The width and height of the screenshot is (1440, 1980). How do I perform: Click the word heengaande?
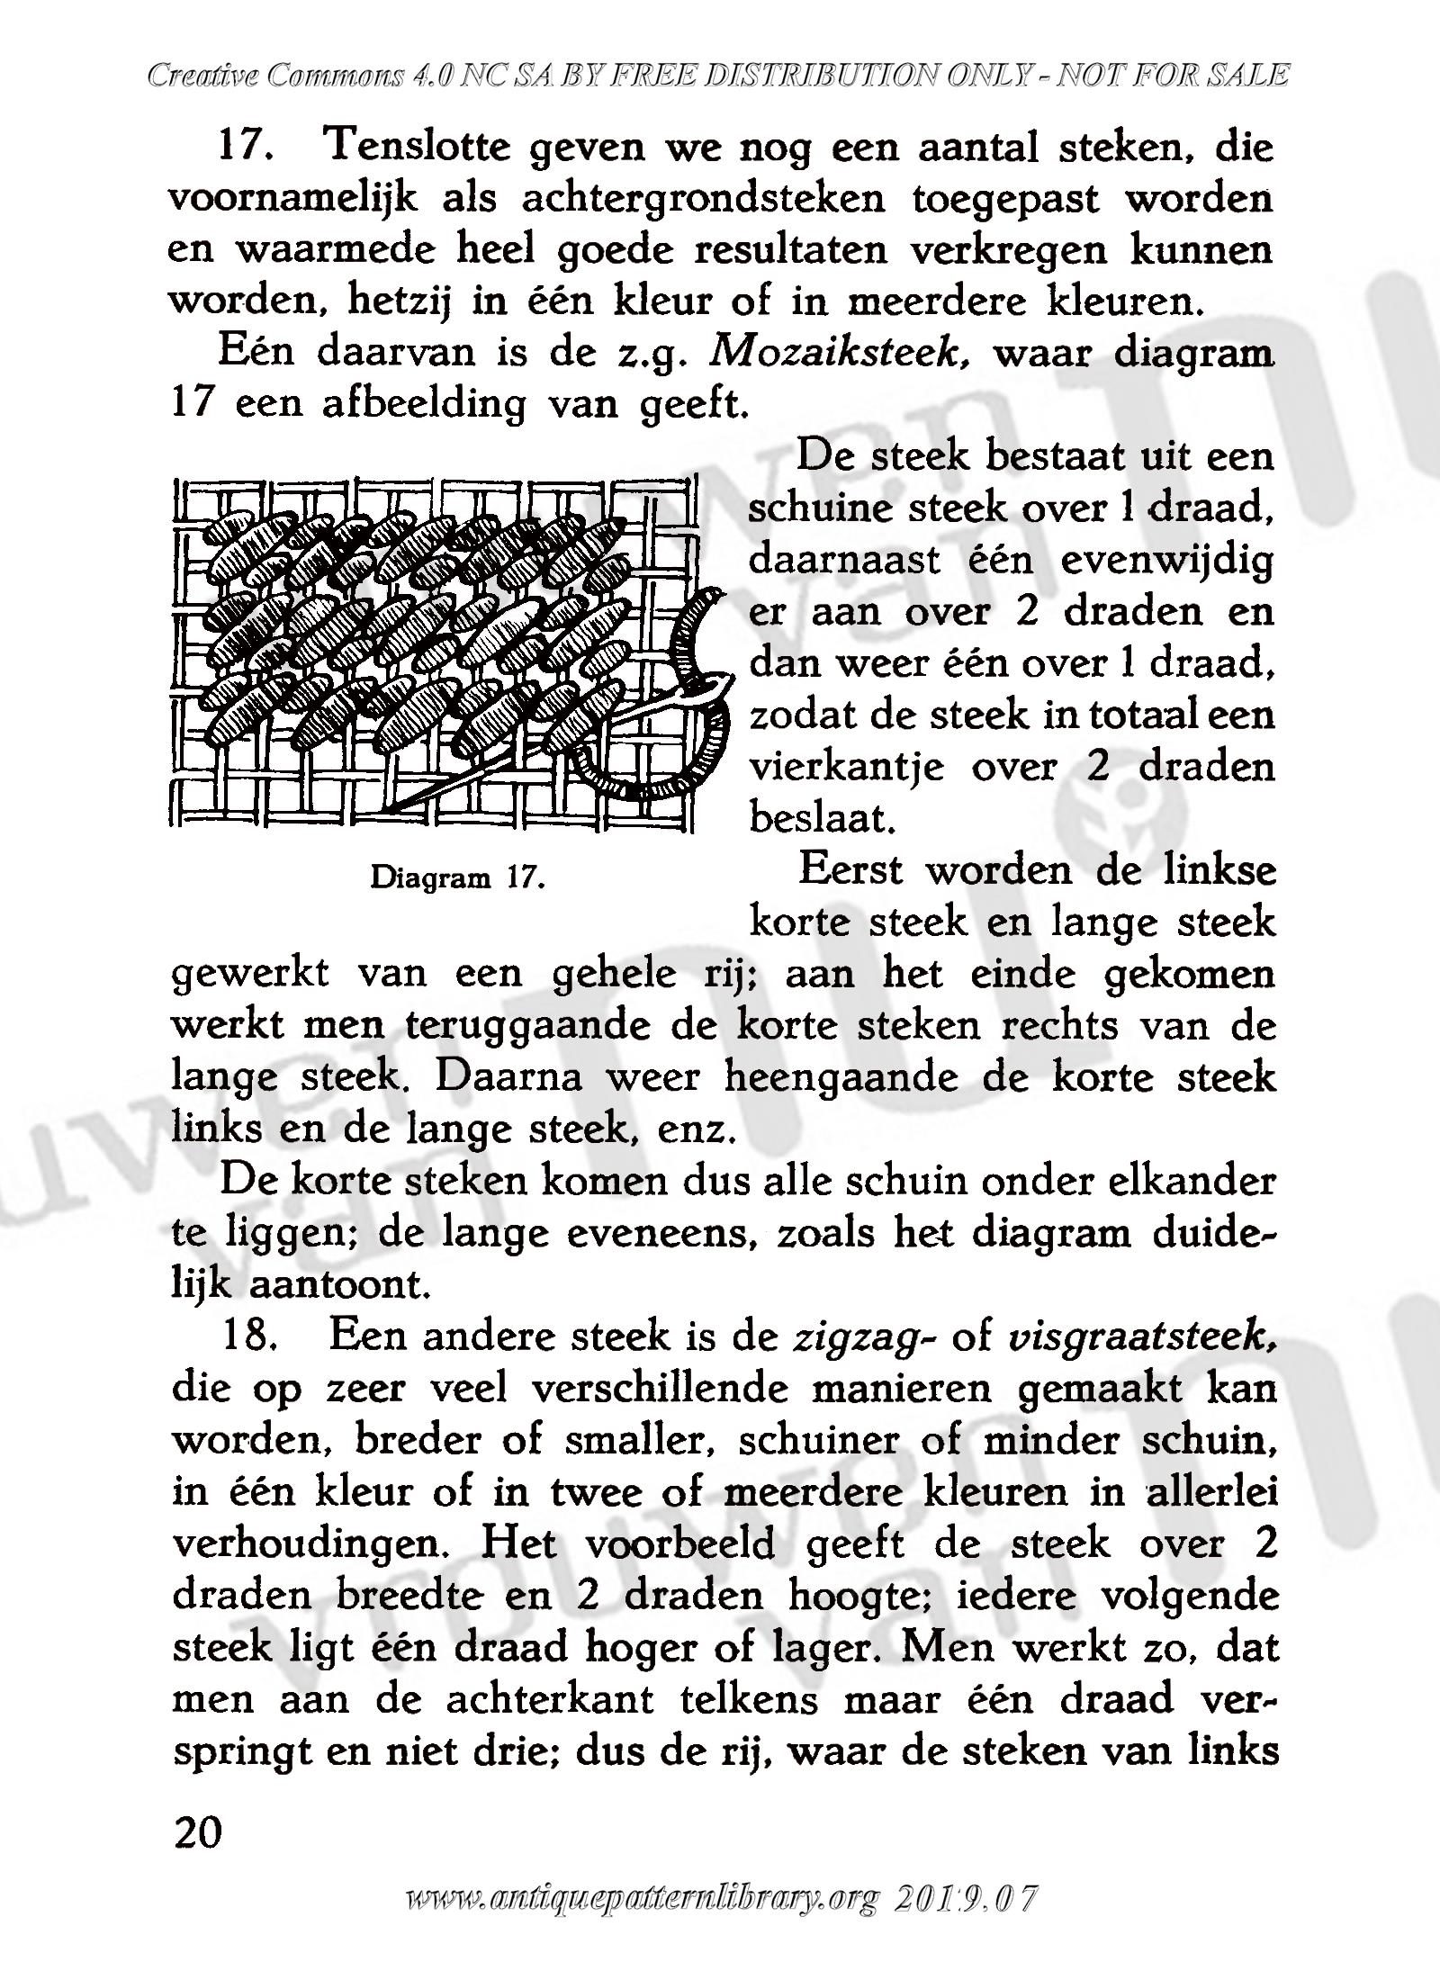click(x=841, y=1078)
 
